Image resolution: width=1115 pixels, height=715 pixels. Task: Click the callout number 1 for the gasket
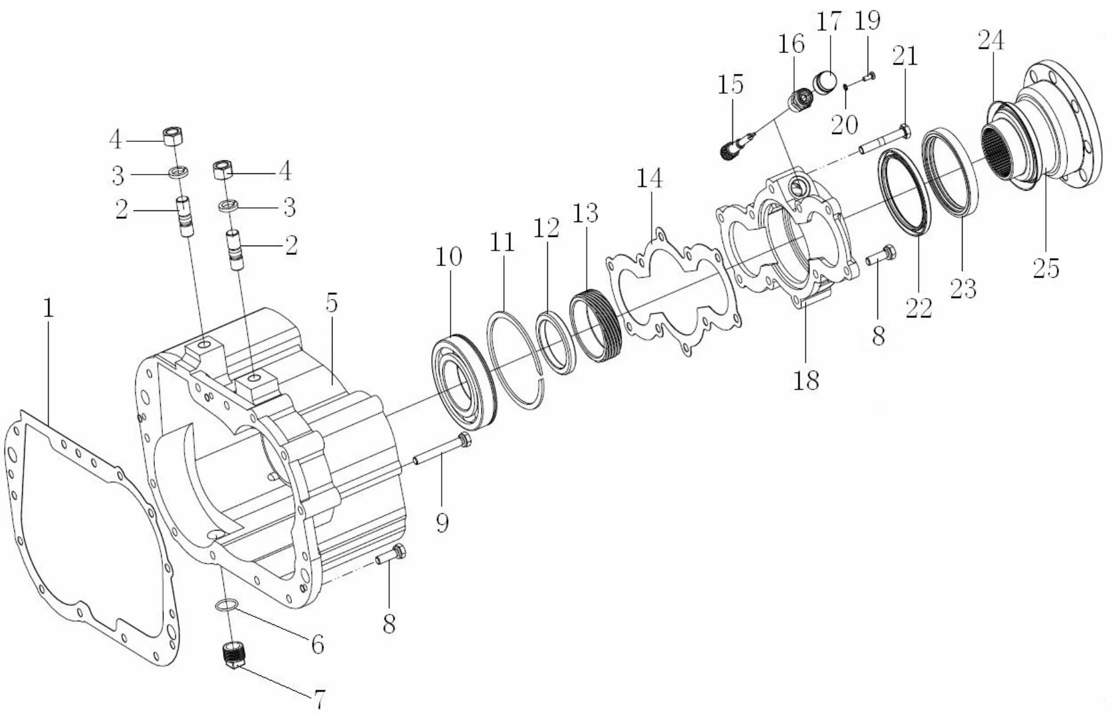(48, 308)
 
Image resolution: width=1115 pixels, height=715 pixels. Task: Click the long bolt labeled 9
(442, 450)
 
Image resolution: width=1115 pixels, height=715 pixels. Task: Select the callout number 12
(547, 227)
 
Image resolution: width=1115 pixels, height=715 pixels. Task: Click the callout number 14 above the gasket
(650, 178)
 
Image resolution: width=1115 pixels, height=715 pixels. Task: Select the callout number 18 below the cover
(806, 381)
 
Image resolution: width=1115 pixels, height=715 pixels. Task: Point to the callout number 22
(918, 307)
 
